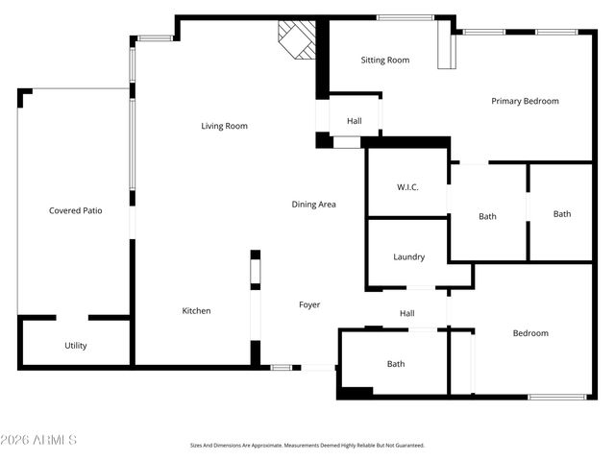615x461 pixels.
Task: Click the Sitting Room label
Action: click(384, 61)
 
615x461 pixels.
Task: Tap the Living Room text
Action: click(224, 126)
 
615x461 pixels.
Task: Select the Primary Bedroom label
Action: click(525, 101)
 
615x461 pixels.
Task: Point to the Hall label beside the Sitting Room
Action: click(354, 121)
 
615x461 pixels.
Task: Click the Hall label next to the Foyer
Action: click(406, 313)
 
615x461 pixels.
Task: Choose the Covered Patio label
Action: click(75, 210)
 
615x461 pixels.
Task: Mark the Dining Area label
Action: click(313, 204)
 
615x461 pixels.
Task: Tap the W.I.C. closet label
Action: click(406, 186)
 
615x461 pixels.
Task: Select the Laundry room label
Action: click(408, 256)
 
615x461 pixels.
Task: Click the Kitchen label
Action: click(196, 310)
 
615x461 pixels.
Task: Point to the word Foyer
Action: click(309, 304)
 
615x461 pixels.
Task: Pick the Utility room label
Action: click(75, 345)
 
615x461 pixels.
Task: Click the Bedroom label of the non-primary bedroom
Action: click(529, 333)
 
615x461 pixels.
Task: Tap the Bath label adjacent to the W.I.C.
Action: click(487, 216)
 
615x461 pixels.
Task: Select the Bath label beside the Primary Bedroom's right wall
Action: click(561, 214)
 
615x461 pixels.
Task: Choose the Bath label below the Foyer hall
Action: click(395, 364)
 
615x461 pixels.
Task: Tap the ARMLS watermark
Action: click(39, 440)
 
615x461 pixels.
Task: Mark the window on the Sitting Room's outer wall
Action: click(404, 17)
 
